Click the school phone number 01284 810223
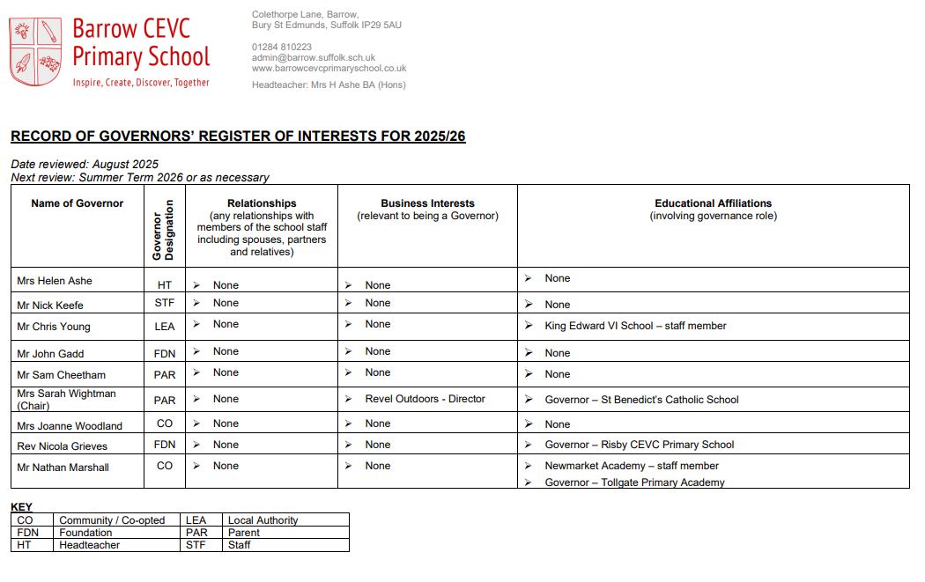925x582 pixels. (282, 47)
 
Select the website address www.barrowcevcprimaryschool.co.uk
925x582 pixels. (329, 68)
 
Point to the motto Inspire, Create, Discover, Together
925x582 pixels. (141, 83)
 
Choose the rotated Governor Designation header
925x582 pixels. (165, 229)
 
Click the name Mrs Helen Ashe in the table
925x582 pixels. (55, 281)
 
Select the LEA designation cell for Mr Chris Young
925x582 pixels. (165, 327)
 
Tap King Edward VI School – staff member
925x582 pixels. (635, 326)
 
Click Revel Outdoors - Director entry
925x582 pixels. (425, 399)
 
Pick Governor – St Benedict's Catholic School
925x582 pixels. (641, 400)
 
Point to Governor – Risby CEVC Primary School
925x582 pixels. (639, 445)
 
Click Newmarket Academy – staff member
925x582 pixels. (632, 466)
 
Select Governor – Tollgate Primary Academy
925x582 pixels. (634, 483)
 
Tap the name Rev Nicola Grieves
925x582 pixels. (63, 446)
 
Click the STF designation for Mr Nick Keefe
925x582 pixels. (165, 304)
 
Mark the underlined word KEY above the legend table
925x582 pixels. (21, 507)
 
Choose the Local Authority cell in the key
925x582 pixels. (263, 520)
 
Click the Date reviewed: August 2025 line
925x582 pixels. (85, 164)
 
